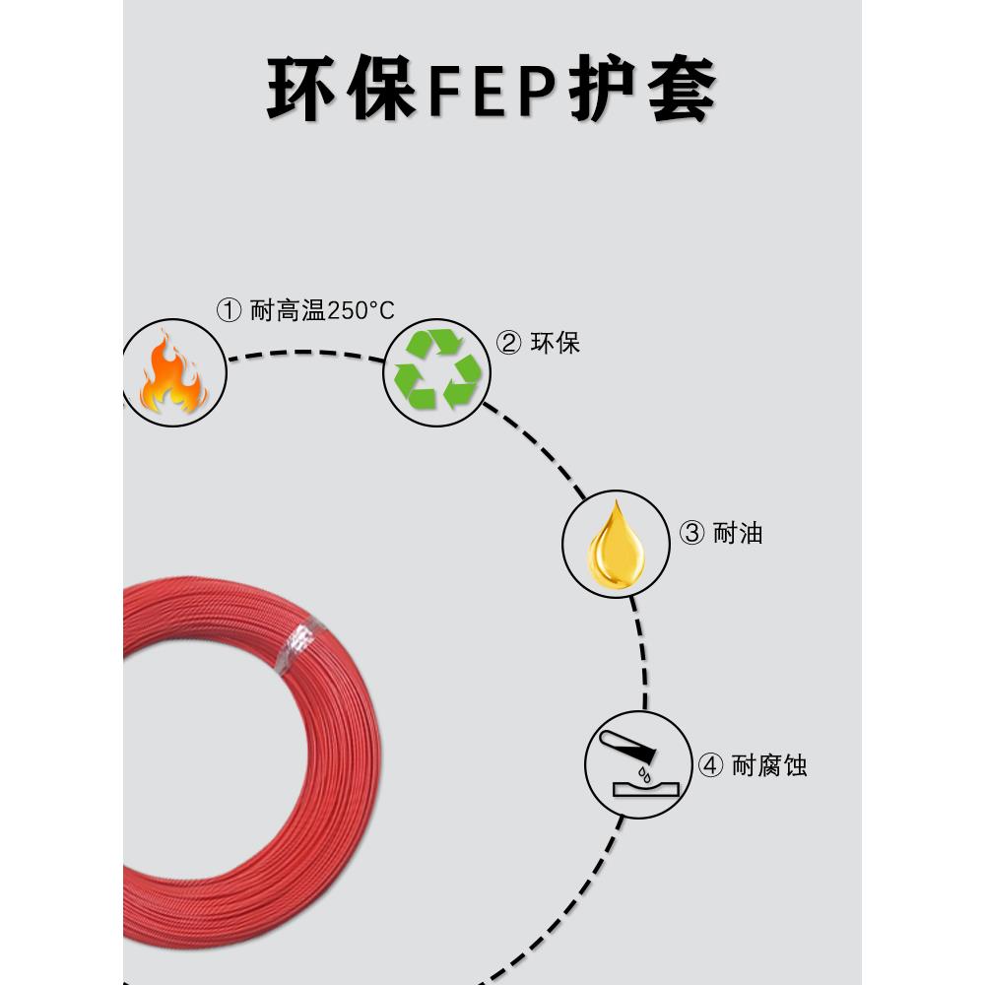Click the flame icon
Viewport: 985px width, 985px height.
(x=173, y=374)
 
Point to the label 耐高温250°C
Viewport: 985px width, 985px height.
(x=322, y=311)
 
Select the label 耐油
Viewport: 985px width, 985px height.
(x=738, y=534)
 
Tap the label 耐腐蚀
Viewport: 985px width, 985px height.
(x=769, y=765)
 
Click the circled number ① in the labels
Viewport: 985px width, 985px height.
(x=229, y=311)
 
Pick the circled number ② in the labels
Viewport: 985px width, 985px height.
(x=508, y=343)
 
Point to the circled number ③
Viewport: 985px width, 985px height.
(x=691, y=534)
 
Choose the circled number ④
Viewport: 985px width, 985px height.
(x=710, y=765)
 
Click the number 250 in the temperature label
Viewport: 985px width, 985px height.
(x=347, y=311)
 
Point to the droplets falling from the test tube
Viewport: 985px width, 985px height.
(x=645, y=772)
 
